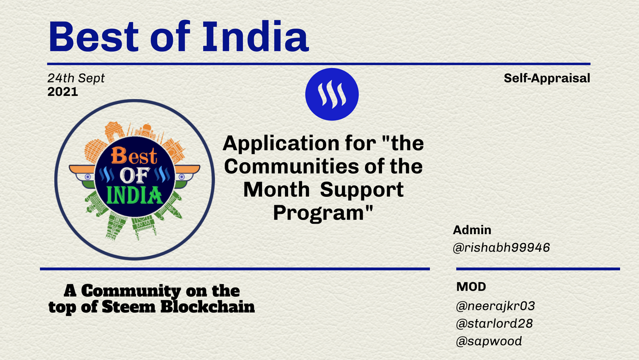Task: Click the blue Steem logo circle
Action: tap(332, 94)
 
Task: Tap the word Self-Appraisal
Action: tap(547, 78)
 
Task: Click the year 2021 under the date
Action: tap(63, 92)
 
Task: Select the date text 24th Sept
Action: tap(76, 78)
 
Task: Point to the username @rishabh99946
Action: tap(501, 247)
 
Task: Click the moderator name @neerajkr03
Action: tap(496, 306)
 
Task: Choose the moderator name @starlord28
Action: tap(494, 324)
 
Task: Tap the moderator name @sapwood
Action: tap(489, 341)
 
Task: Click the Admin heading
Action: tap(472, 230)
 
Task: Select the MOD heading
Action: tap(471, 287)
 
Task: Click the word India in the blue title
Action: tap(256, 37)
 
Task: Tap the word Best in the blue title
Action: tap(93, 37)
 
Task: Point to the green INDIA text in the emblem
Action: tap(134, 195)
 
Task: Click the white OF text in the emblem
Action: tap(135, 175)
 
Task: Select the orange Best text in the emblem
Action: tap(134, 155)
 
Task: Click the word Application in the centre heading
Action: tap(281, 144)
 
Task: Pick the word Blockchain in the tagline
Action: tap(208, 307)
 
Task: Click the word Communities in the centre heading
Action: tap(291, 167)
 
